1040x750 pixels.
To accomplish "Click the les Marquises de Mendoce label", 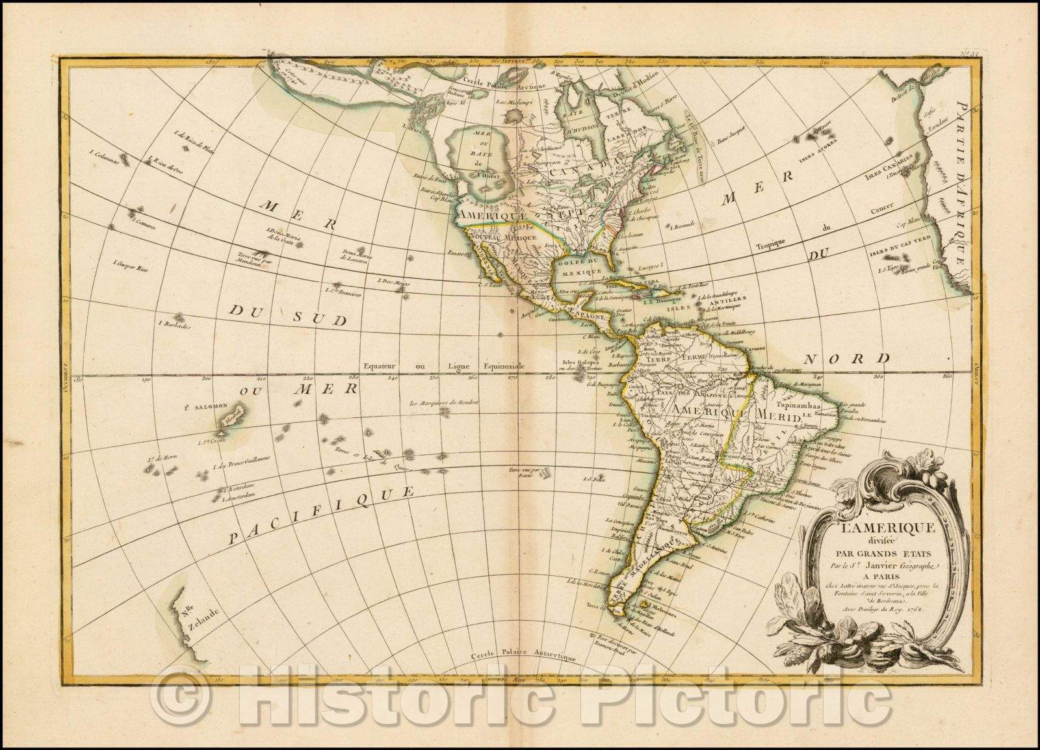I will tap(443, 404).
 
